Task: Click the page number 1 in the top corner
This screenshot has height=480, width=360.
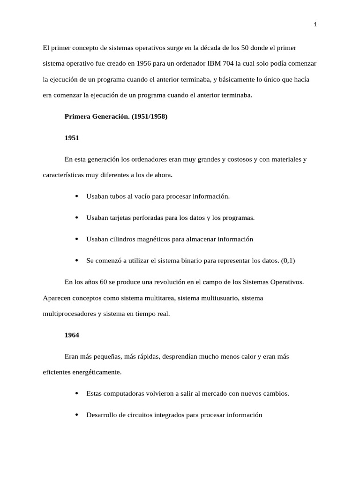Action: [315, 25]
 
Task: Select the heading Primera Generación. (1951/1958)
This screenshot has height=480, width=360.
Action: [116, 117]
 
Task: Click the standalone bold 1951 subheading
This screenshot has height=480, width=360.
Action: [72, 138]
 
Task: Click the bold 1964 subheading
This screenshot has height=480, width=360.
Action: [72, 335]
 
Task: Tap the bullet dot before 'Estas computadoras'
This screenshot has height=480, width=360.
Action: [76, 394]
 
